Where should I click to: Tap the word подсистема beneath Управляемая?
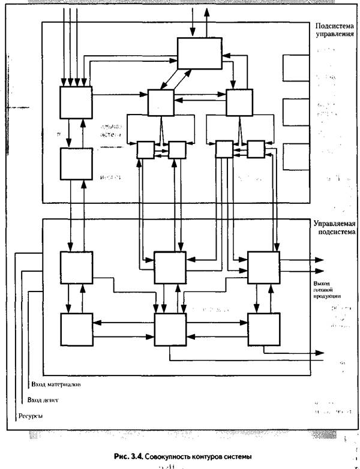(336, 231)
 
